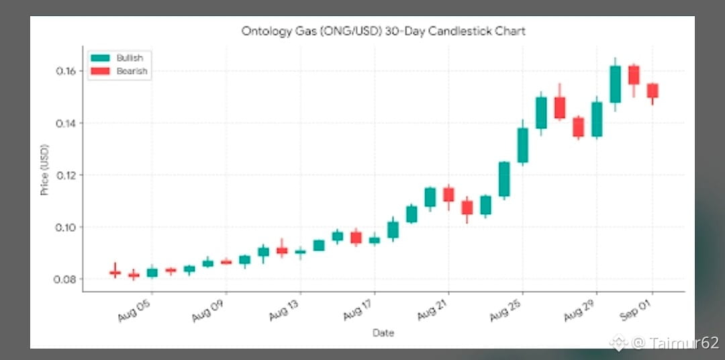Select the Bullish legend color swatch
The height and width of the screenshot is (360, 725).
click(x=100, y=58)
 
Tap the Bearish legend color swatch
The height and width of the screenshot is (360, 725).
click(x=100, y=71)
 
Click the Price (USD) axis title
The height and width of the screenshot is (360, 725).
click(x=45, y=169)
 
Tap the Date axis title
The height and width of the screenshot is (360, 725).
click(x=383, y=332)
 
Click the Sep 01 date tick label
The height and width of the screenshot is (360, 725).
click(x=636, y=310)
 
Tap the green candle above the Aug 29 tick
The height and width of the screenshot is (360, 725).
click(x=597, y=119)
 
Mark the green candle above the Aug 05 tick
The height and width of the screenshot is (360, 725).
click(x=152, y=273)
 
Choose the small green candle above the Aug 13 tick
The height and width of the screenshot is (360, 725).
click(x=301, y=252)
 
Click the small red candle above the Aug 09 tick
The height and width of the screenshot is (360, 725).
click(x=226, y=262)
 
